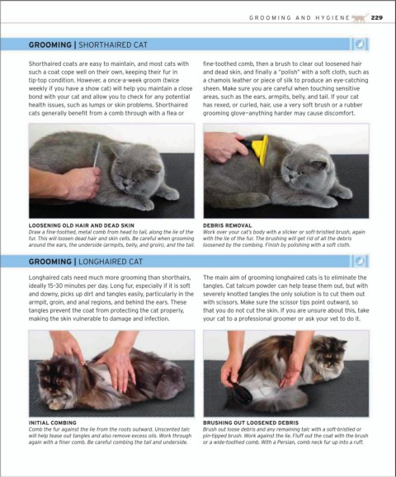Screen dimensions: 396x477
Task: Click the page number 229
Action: point(376,17)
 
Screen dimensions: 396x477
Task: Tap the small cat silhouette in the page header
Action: point(361,18)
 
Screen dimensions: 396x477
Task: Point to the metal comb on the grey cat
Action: point(97,155)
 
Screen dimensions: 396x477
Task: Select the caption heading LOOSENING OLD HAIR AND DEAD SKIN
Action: point(81,225)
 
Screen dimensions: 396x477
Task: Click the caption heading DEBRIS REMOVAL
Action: point(227,225)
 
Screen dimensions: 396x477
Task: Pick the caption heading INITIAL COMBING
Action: point(52,423)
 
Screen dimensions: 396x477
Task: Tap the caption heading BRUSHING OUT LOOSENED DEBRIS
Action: point(251,423)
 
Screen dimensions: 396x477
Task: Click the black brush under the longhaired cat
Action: point(242,392)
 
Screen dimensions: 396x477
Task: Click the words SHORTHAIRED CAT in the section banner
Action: point(113,45)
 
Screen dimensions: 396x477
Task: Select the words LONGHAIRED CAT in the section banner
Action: point(111,262)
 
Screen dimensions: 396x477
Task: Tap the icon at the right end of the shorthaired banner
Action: point(360,45)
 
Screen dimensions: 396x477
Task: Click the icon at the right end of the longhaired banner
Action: point(360,261)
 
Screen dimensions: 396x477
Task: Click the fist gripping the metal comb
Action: point(82,183)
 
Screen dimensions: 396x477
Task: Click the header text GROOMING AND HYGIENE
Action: point(299,18)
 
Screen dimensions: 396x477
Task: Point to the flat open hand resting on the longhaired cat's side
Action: point(120,369)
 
